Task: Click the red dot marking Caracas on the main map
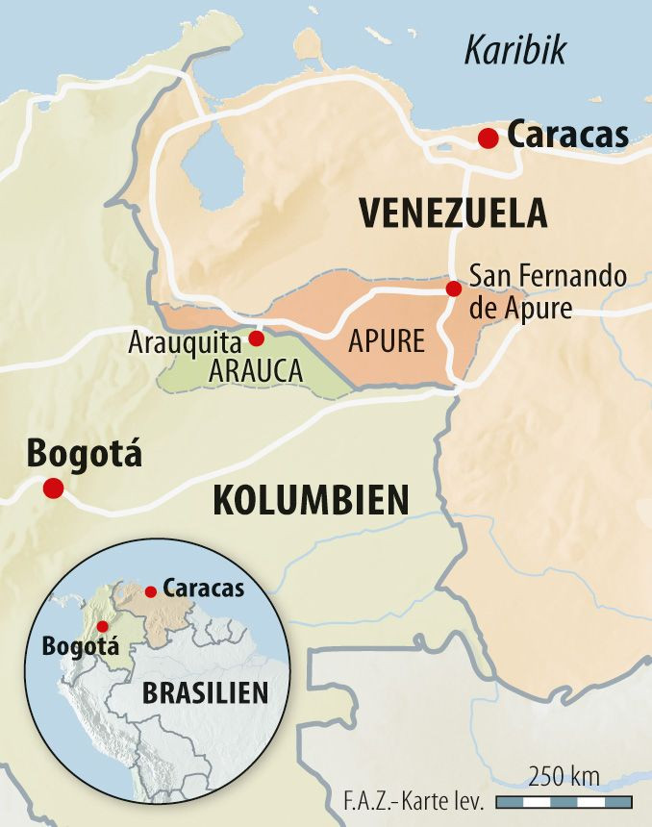pos(489,138)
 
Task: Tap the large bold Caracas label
pos(567,136)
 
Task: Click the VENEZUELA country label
pos(453,213)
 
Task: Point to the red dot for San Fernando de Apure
pos(454,288)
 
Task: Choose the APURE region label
pos(388,342)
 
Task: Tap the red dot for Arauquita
pos(257,338)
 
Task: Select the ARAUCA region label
pos(254,370)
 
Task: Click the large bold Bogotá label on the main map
pos(85,452)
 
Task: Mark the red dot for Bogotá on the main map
pos(53,489)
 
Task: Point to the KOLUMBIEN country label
pos(311,500)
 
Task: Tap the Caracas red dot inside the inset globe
pos(151,591)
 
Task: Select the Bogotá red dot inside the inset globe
pos(103,625)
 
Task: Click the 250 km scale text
pos(564,776)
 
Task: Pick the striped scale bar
pos(563,801)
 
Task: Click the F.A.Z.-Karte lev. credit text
pos(414,801)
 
